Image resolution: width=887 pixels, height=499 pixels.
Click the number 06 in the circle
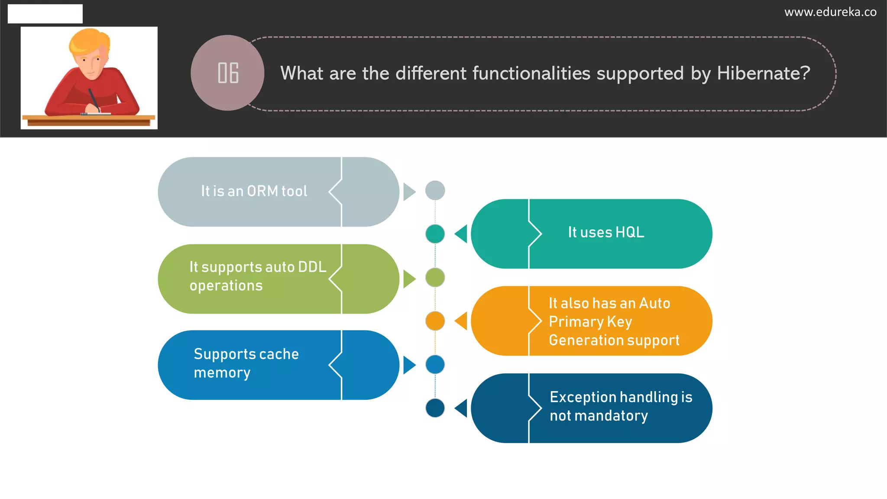(228, 73)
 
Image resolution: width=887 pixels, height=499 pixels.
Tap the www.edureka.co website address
(830, 12)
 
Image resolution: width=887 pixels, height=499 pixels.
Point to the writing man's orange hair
(89, 41)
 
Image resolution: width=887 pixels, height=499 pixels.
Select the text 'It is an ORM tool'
(254, 191)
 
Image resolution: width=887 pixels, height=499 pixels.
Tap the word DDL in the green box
(312, 267)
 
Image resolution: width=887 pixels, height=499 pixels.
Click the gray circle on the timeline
(435, 191)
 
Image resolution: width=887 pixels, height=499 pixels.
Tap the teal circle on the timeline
(435, 234)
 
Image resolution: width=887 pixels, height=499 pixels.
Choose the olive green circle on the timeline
(435, 278)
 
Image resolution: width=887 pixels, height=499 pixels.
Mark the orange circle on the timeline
(435, 321)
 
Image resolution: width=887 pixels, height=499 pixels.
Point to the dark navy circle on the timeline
(435, 408)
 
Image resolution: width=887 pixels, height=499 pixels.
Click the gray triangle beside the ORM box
(408, 192)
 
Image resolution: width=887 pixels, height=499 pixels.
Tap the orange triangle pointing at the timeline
(462, 321)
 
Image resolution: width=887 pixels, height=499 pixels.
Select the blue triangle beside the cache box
(408, 365)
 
